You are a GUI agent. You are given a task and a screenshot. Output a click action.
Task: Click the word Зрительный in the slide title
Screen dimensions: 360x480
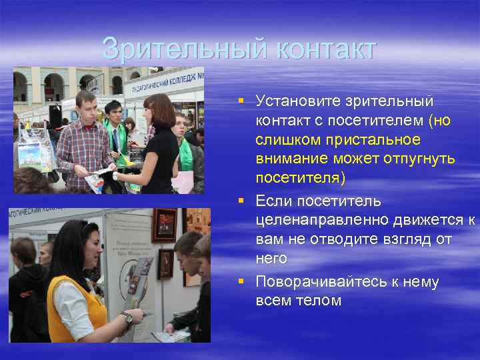point(175,49)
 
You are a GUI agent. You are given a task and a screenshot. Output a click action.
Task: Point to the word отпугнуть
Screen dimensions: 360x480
point(421,159)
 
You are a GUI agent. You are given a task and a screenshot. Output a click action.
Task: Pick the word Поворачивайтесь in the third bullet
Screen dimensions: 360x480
point(321,282)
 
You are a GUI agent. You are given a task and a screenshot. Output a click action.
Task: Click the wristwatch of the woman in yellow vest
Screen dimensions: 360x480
point(127,317)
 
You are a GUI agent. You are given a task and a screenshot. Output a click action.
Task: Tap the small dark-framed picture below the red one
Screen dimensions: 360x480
point(165,263)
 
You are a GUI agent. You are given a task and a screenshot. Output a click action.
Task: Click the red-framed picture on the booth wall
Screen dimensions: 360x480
point(164,225)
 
